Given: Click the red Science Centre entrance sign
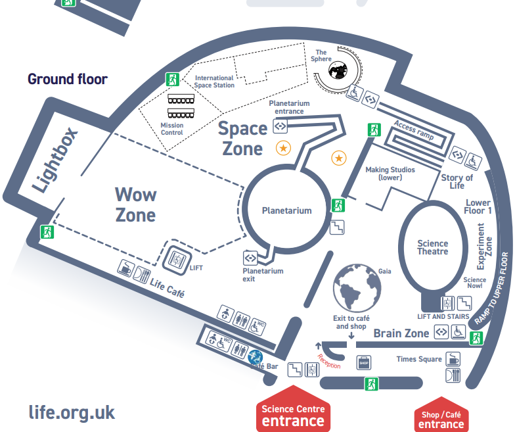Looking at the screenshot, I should click(293, 415).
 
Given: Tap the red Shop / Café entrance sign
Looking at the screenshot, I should click(441, 418).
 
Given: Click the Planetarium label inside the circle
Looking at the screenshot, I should click(286, 211).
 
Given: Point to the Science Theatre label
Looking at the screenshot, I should click(433, 248).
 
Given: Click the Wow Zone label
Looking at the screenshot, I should click(135, 204).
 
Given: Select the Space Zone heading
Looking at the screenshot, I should click(242, 139).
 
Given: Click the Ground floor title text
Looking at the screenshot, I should click(67, 80).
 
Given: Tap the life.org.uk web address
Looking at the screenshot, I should click(72, 413).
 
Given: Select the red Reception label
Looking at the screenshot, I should click(329, 361).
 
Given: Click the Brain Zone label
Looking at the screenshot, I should click(401, 333).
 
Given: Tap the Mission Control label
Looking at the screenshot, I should click(172, 129).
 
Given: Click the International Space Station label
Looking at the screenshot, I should click(214, 82).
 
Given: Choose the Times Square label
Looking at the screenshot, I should click(419, 359).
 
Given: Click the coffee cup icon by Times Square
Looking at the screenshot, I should click(453, 359).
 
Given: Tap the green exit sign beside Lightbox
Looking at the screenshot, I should click(47, 231).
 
